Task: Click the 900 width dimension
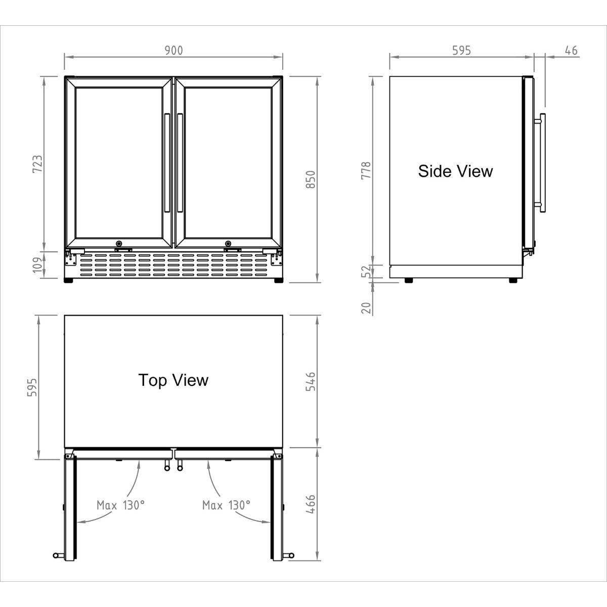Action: (x=174, y=50)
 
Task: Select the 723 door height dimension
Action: (x=37, y=164)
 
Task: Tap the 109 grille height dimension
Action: (x=37, y=265)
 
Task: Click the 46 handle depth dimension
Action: (x=571, y=50)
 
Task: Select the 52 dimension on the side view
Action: (x=366, y=272)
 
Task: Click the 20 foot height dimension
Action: (x=366, y=307)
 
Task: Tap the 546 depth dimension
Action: (x=311, y=381)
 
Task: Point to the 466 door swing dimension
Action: (x=311, y=504)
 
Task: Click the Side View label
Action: (x=455, y=171)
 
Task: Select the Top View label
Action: (x=173, y=380)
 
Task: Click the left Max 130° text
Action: (x=120, y=505)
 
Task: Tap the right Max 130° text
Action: (x=226, y=505)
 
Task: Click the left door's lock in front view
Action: (x=119, y=243)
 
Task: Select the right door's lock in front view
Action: (x=228, y=243)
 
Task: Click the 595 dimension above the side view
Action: (x=461, y=50)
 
